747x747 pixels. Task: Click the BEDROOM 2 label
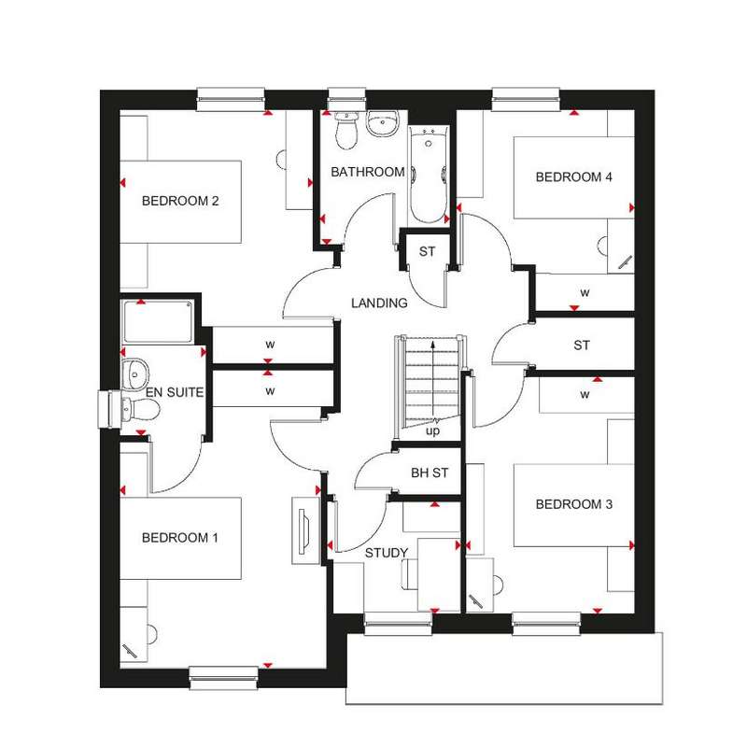(180, 201)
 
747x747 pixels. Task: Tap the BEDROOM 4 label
(573, 177)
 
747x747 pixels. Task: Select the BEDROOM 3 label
(574, 504)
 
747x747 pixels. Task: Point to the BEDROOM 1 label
(179, 538)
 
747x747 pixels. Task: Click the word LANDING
(379, 303)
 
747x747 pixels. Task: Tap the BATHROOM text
(367, 172)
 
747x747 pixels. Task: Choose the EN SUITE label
(175, 392)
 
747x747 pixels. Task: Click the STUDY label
(387, 553)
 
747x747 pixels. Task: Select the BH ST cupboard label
(430, 473)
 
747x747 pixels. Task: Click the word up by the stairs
(432, 431)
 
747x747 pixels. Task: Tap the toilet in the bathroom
(346, 130)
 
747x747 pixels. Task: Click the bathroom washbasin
(382, 123)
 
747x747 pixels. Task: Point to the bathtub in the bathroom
(429, 175)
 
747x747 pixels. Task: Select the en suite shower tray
(158, 321)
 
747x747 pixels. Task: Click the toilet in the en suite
(140, 409)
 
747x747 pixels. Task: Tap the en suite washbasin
(135, 374)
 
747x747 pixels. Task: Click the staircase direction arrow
(432, 380)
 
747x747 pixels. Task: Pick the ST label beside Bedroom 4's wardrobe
(582, 345)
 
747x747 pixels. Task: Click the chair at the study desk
(409, 573)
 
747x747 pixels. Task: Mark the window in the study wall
(398, 624)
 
